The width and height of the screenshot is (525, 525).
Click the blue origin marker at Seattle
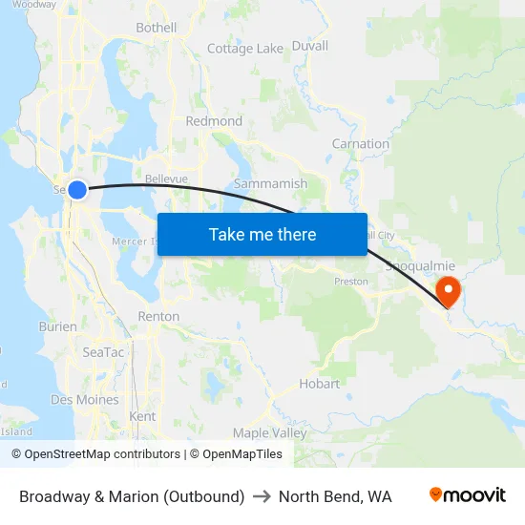[77, 190]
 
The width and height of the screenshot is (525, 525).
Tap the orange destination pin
[447, 289]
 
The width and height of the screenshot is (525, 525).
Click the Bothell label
[157, 28]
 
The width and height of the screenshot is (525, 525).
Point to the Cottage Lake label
[245, 49]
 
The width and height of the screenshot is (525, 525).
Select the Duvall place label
[309, 46]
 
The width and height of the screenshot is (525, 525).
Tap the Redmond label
[214, 121]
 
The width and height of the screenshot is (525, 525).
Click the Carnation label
[360, 144]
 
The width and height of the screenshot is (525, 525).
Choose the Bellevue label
[166, 178]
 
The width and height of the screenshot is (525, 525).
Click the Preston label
[350, 282]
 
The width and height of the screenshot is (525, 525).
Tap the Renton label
[158, 316]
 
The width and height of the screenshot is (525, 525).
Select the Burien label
[57, 326]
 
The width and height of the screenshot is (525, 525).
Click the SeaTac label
[102, 352]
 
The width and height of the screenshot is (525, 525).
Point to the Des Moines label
[85, 400]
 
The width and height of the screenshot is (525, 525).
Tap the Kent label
[142, 416]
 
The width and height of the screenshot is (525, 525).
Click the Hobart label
[319, 384]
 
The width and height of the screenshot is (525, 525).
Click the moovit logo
[468, 495]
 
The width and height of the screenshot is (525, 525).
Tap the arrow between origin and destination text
[262, 496]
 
